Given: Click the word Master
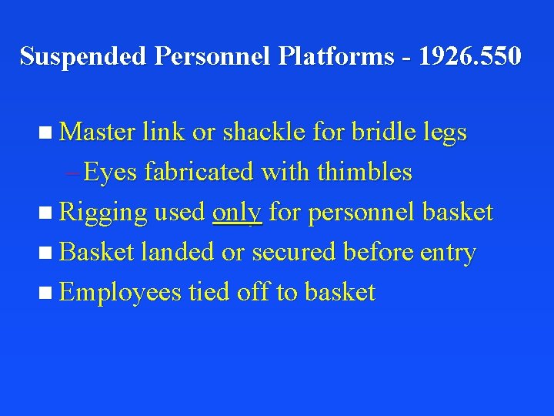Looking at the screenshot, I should [98, 133].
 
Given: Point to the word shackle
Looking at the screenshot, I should [266, 133].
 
